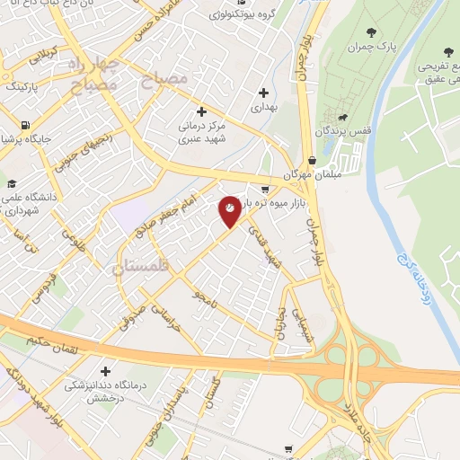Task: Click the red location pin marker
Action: click(230, 210)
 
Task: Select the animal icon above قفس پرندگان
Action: click(342, 118)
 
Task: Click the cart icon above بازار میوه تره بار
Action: click(264, 189)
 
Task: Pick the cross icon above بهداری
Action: click(263, 92)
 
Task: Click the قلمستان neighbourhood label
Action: click(141, 266)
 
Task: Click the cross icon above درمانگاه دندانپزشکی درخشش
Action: click(105, 370)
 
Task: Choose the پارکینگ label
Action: click(19, 87)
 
